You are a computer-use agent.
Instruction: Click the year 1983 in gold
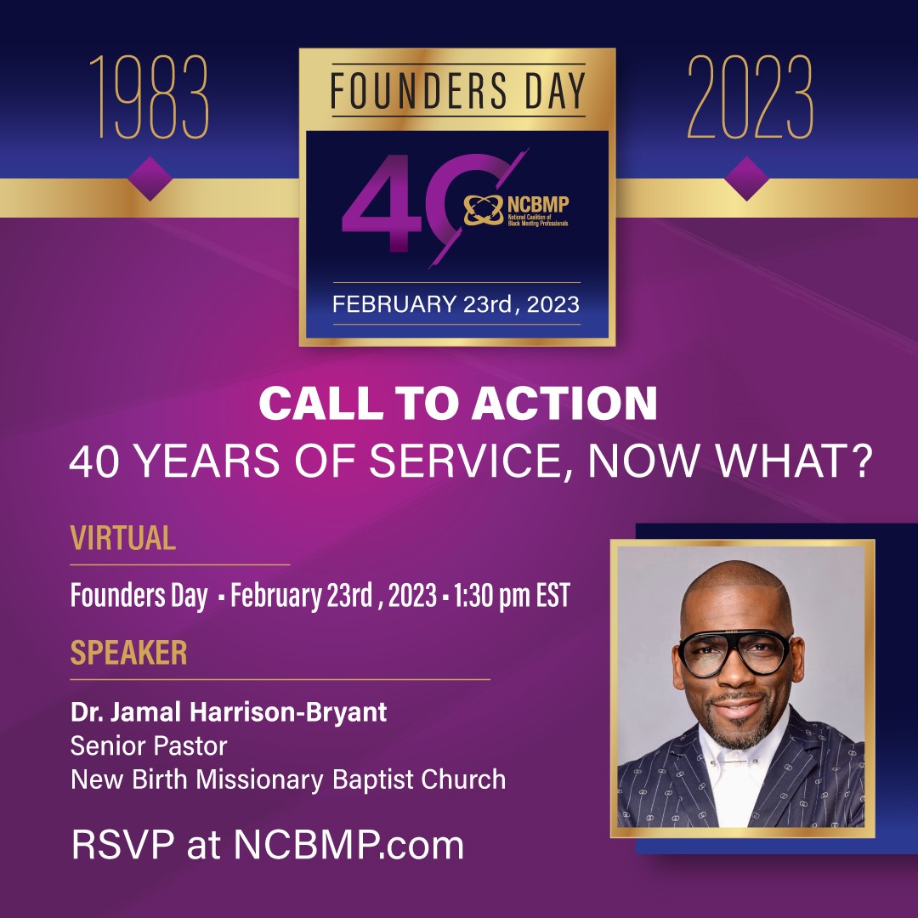click(150, 97)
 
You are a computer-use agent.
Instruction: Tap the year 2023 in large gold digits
click(750, 97)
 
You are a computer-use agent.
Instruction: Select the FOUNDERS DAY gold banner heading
click(458, 91)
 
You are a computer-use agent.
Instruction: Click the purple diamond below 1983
click(150, 178)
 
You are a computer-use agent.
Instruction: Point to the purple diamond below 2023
click(747, 178)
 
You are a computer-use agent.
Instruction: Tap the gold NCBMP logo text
click(537, 204)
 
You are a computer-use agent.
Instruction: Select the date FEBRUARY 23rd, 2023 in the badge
click(456, 304)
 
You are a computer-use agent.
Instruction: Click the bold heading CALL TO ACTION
click(458, 404)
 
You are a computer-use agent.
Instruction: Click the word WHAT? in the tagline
click(795, 461)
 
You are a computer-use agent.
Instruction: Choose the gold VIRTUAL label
click(123, 537)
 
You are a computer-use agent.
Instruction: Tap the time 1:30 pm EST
click(512, 595)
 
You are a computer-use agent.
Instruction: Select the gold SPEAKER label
click(129, 652)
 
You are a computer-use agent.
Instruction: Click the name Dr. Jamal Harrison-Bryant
click(229, 712)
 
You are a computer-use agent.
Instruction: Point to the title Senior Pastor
click(149, 746)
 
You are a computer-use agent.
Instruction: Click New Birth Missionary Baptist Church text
click(288, 780)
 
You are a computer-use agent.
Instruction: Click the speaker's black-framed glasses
click(734, 652)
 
